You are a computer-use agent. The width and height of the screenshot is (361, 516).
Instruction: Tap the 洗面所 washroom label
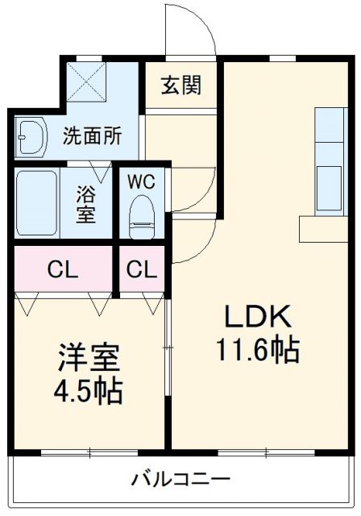click(93, 135)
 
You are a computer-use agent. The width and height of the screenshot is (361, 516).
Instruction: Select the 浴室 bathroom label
click(86, 205)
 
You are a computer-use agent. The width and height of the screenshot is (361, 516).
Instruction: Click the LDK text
click(256, 317)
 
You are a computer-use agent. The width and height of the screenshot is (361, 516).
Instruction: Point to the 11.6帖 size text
click(256, 351)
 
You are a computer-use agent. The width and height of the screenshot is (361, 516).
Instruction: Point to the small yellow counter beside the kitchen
click(322, 227)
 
